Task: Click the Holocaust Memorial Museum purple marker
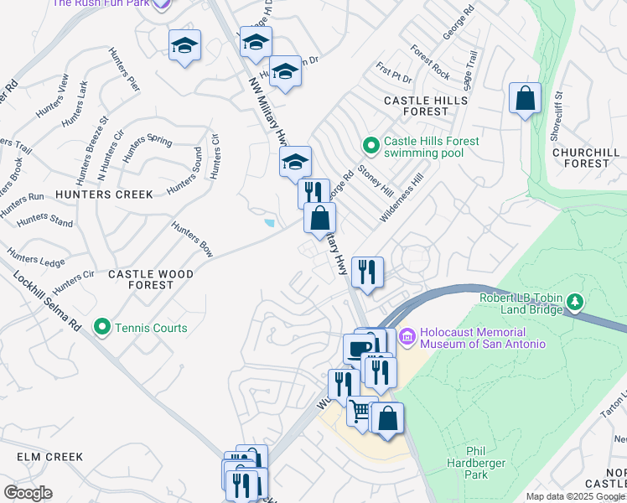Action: click(408, 336)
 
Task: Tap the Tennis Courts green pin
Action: click(103, 327)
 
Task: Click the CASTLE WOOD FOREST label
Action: click(151, 279)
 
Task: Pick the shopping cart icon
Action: click(360, 411)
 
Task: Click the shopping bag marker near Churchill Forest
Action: click(525, 98)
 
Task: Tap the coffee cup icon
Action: click(358, 347)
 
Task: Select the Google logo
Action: click(27, 493)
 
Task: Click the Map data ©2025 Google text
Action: click(574, 496)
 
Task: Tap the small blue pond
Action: click(268, 223)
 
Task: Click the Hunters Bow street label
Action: click(192, 239)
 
